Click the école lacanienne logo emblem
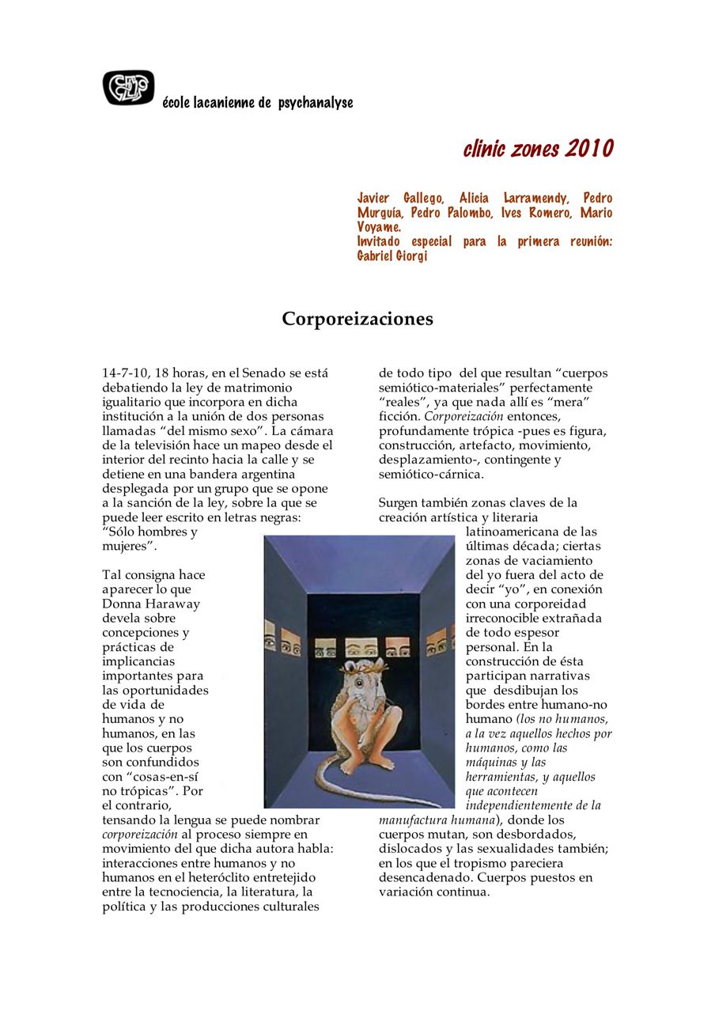tap(128, 87)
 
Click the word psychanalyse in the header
tap(316, 103)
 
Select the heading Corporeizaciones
tap(357, 319)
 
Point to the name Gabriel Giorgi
tap(392, 256)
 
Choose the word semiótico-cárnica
tap(431, 474)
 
